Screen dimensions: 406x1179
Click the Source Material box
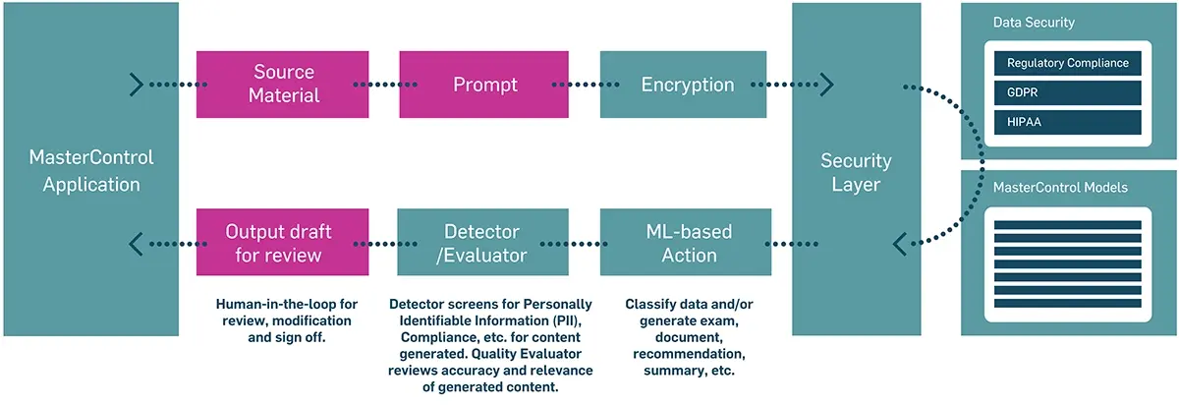coord(284,85)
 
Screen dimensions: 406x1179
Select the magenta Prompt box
coord(484,85)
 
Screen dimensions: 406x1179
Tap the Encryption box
coord(687,85)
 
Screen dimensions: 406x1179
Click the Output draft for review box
coord(278,243)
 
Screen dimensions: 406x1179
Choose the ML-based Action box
coord(687,243)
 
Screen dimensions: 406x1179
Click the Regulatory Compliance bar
coord(1067,64)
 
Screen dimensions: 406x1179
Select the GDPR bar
coord(1067,93)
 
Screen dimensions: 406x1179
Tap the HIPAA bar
coord(1067,123)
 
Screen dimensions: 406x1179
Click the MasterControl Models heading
coord(1060,187)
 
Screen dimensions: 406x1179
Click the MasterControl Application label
coord(91,170)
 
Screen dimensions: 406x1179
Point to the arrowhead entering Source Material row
coord(137,85)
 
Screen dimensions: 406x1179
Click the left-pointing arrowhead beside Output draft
coord(137,243)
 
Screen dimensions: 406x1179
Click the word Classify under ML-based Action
coord(651,304)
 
